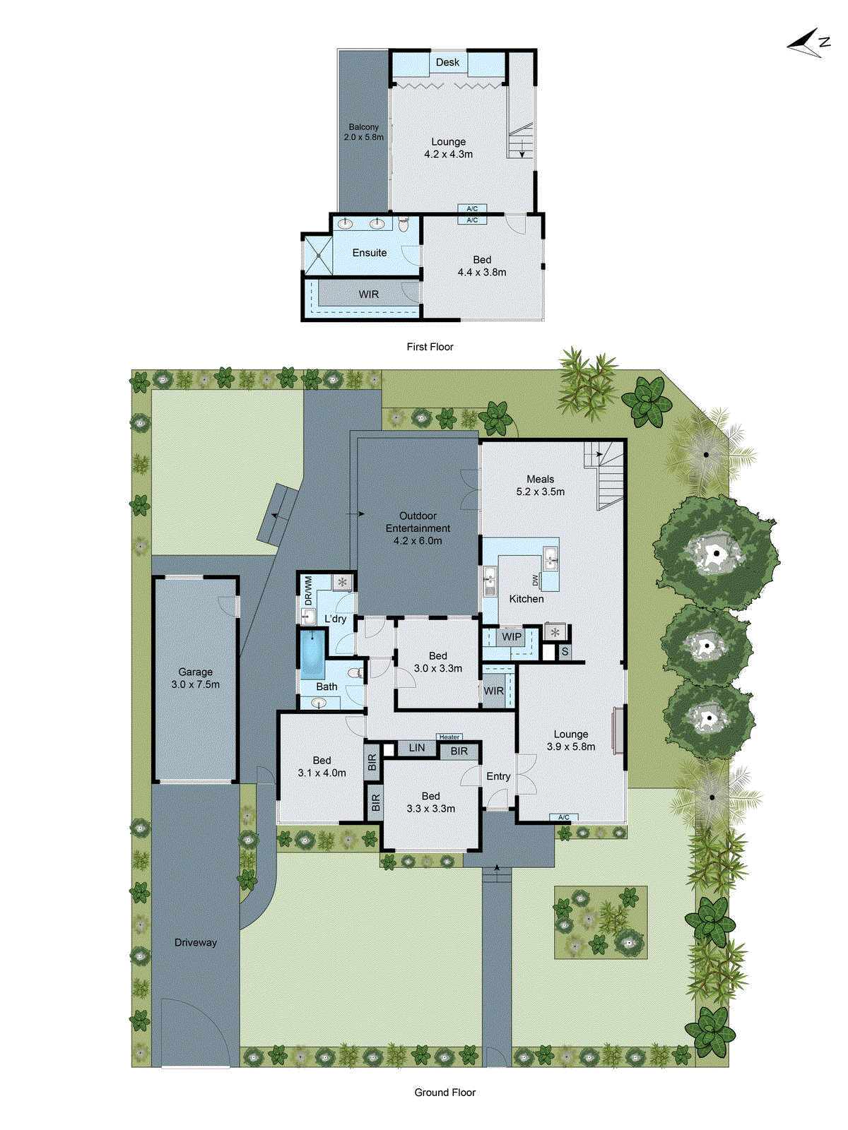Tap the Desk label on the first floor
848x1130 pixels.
[447, 62]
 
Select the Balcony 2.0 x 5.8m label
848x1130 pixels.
[363, 132]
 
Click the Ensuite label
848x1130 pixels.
[369, 253]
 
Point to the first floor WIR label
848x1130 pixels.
[368, 295]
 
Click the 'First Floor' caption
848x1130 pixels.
[430, 347]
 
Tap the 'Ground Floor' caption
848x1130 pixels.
[444, 1093]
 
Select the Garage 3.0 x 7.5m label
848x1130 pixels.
[195, 678]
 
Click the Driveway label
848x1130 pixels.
[196, 943]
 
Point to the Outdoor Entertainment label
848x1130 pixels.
[418, 528]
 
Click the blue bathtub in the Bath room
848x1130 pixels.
[312, 654]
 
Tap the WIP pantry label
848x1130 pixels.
[512, 636]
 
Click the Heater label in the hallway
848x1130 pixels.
[449, 737]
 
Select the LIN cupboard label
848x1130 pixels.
[417, 748]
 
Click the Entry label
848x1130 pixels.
[498, 776]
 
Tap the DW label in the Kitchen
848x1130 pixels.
[536, 579]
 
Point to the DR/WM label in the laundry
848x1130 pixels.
[309, 591]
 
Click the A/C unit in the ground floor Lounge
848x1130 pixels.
[564, 817]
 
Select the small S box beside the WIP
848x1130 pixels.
[565, 652]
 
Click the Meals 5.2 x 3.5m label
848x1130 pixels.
[540, 485]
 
